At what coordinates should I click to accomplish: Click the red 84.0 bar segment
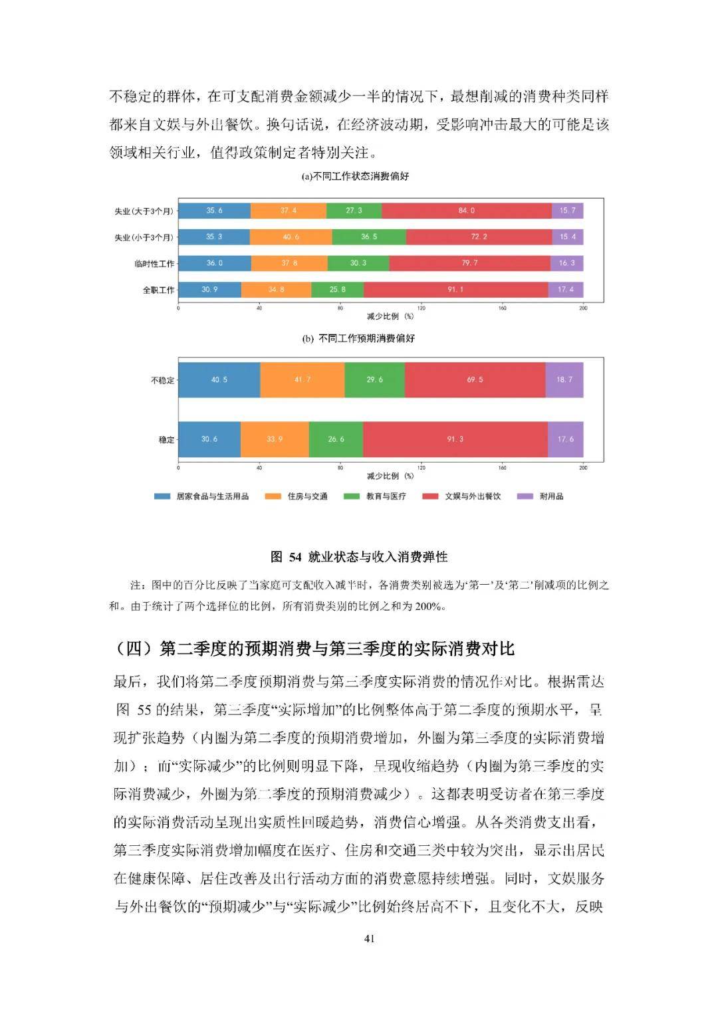[466, 211]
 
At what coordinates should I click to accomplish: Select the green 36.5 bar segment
[369, 237]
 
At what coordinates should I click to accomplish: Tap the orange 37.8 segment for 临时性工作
[289, 263]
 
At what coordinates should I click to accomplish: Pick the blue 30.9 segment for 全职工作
[209, 290]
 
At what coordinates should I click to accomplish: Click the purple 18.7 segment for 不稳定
[564, 379]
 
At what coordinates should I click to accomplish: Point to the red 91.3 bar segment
[455, 439]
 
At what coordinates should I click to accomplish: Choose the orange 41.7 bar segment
[302, 379]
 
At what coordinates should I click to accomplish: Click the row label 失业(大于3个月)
[144, 211]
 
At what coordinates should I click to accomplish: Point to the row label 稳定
[166, 440]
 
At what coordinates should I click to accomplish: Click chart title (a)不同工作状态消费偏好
[355, 177]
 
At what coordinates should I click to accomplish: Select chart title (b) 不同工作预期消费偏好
[358, 339]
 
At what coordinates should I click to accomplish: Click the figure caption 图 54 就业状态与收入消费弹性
[359, 557]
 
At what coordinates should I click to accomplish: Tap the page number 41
[370, 938]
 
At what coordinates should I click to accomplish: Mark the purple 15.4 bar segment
[567, 237]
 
